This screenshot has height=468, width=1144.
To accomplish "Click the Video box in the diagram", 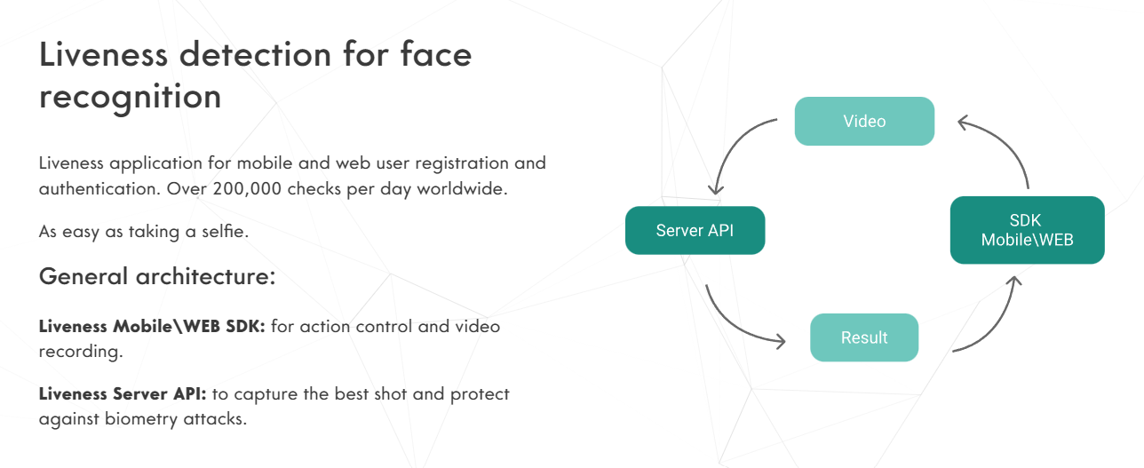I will [x=864, y=121].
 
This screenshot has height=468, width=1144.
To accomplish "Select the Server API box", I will [x=695, y=231].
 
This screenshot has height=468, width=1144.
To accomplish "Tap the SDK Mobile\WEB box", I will [x=1027, y=230].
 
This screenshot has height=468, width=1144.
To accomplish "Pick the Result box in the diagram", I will [x=864, y=337].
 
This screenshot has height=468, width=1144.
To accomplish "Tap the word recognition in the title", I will [x=130, y=96].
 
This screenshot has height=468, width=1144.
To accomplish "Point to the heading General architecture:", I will [x=157, y=276].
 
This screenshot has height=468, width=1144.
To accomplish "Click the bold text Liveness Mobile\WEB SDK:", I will [x=152, y=326].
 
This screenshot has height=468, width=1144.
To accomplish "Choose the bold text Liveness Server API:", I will [x=123, y=393].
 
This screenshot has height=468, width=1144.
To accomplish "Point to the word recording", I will [x=78, y=351].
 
